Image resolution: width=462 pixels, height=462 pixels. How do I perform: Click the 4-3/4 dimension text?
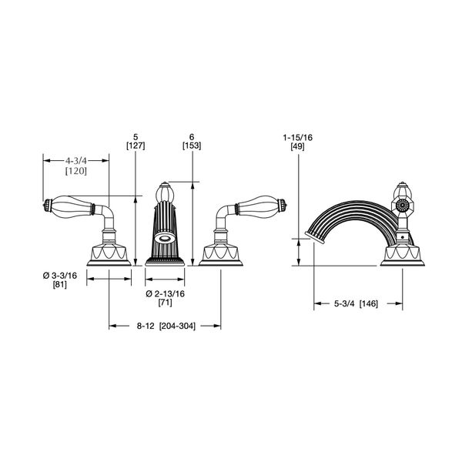tap(75, 161)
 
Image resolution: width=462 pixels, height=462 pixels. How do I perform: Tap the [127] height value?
tap(135, 144)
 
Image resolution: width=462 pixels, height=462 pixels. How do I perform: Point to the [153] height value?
tap(191, 144)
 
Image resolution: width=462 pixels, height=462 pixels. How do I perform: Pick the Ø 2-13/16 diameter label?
tap(165, 295)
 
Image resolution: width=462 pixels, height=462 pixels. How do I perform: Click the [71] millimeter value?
tap(166, 305)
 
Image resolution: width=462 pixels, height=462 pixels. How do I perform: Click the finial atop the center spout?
tap(166, 191)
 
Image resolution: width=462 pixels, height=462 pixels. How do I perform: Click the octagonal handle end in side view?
tap(400, 206)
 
